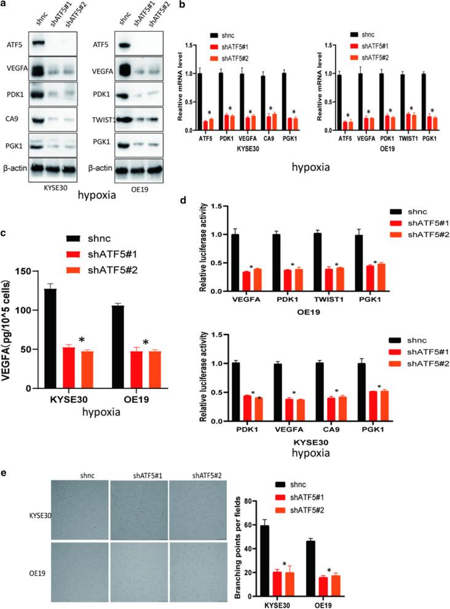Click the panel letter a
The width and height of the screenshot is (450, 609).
click(4, 5)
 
